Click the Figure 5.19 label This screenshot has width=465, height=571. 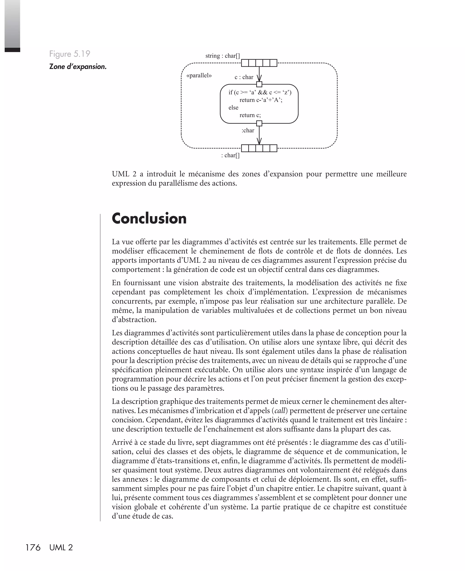click(70, 54)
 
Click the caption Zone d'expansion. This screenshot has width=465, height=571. click(78, 67)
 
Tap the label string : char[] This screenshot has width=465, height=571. click(223, 56)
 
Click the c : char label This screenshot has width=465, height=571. click(244, 77)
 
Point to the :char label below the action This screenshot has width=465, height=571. click(248, 131)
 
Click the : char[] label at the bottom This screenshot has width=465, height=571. click(230, 155)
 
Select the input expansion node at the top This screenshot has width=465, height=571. click(259, 63)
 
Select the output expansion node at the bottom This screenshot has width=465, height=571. click(259, 148)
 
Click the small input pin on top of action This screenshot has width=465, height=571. click(259, 84)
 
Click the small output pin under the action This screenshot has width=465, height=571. click(259, 124)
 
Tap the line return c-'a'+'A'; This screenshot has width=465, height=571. click(261, 100)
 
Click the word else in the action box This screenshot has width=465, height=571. click(233, 108)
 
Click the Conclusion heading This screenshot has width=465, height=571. click(149, 218)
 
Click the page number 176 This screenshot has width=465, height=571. click(33, 548)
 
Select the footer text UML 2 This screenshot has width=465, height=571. click(61, 548)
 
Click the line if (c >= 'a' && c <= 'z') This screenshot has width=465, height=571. click(260, 93)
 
